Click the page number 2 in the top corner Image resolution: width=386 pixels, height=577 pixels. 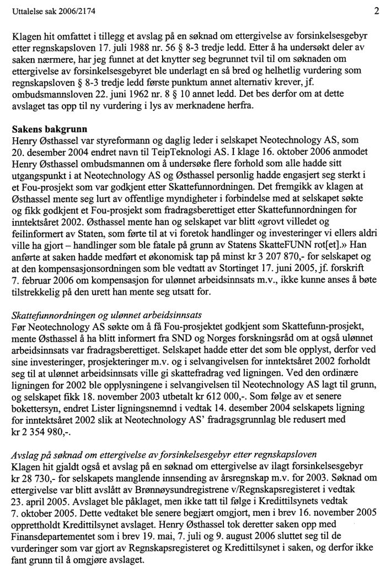375,10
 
